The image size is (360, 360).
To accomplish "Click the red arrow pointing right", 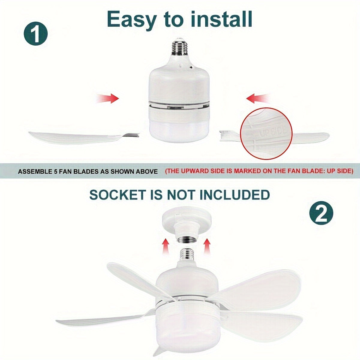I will pyautogui.click(x=108, y=98).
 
